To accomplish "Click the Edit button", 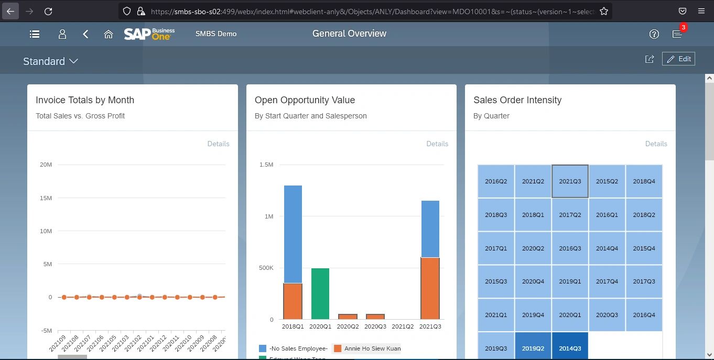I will [678, 59].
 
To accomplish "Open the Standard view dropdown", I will [50, 61].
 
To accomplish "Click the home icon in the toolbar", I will [109, 34].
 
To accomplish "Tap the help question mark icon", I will [654, 34].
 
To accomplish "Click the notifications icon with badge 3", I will [677, 34].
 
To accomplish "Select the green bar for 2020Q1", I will [320, 293].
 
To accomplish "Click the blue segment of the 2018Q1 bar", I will [293, 234].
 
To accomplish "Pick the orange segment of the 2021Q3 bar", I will [430, 288].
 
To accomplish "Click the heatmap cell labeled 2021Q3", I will [570, 181].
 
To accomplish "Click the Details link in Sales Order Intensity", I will [656, 144].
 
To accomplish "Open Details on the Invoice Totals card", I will [218, 144].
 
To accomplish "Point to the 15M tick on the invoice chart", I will [46, 198].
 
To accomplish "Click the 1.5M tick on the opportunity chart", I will [266, 165].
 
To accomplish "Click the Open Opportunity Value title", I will [305, 100].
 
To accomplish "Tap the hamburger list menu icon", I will [35, 34].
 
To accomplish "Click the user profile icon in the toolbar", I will [62, 34].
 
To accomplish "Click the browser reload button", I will [48, 11].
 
